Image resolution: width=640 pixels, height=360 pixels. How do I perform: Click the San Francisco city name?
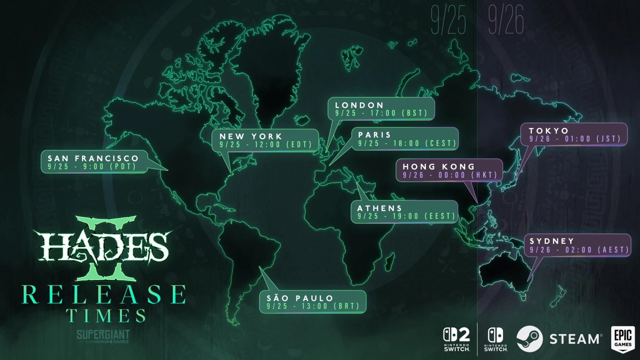93,158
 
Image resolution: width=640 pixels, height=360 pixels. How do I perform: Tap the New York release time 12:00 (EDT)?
283,145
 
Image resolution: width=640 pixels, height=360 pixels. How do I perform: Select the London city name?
359,105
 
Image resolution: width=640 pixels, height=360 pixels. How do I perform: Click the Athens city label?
380,208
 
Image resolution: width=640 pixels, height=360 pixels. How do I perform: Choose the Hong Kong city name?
439,167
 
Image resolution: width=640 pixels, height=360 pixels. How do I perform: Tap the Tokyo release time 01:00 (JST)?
593,139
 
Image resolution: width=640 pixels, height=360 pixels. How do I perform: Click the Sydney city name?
552,241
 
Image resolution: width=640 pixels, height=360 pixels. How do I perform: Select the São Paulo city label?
300,298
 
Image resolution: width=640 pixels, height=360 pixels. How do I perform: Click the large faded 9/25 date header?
448,20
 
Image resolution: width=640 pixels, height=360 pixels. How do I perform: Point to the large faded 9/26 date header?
506,20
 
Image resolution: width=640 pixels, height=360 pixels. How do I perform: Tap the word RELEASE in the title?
104,295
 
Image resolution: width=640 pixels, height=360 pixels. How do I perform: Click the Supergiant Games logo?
103,336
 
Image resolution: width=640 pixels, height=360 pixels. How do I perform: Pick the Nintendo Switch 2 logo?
457,339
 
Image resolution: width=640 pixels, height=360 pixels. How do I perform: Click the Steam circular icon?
529,339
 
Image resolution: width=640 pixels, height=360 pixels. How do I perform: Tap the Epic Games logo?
623,339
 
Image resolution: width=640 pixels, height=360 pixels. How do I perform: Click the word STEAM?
575,339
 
